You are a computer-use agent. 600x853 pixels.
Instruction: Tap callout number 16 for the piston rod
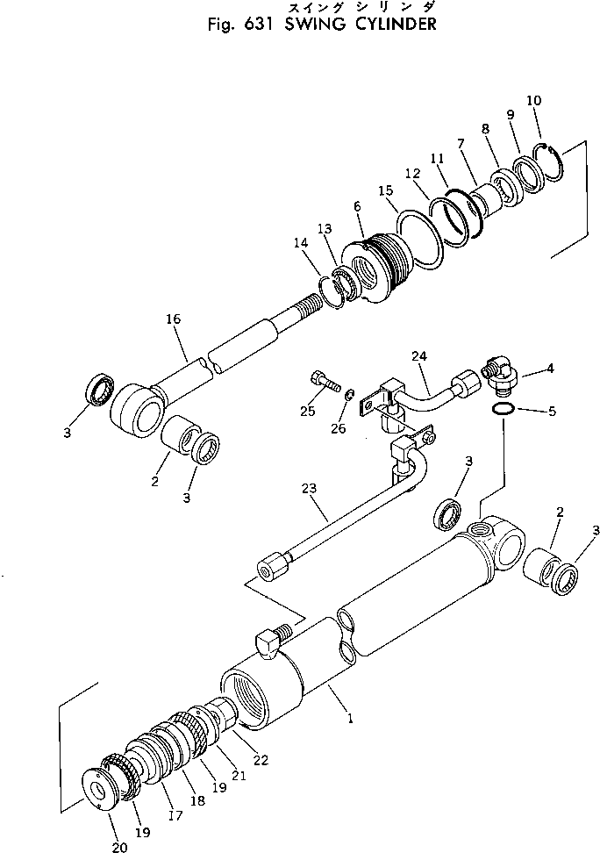[x=173, y=320]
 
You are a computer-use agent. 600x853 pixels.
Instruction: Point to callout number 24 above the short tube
[x=418, y=356]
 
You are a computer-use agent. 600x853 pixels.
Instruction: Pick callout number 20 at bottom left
[x=119, y=847]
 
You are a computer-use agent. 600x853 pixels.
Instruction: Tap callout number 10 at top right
[x=533, y=101]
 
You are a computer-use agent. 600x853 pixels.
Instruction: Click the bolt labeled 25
[x=322, y=382]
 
